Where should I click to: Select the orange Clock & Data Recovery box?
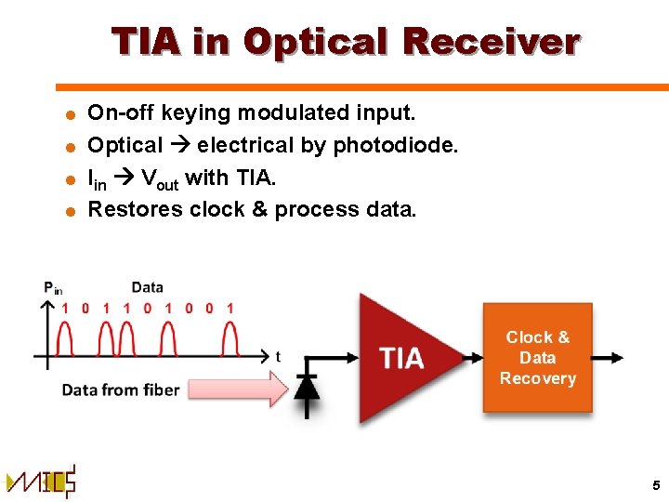pos(537,358)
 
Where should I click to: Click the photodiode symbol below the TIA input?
pos(307,383)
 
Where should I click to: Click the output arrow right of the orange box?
pos(608,358)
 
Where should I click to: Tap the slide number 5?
pos(655,484)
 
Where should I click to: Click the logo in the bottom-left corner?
pos(40,482)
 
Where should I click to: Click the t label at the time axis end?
pos(278,356)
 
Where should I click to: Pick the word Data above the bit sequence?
pos(148,287)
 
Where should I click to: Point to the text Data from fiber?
pos(120,390)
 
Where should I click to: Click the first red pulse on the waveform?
pos(65,337)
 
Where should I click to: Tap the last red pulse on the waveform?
pos(230,337)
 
